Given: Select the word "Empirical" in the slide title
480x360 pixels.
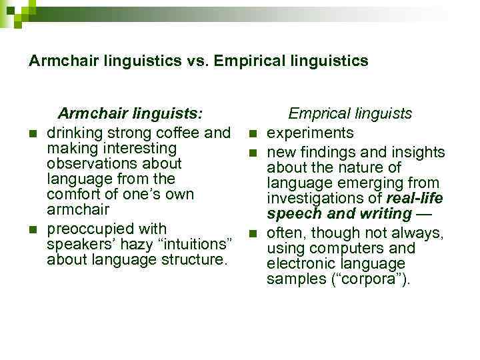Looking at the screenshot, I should pos(257,61).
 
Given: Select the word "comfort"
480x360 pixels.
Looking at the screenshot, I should pos(75,195).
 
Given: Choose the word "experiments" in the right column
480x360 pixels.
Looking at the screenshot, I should pos(310,133).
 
